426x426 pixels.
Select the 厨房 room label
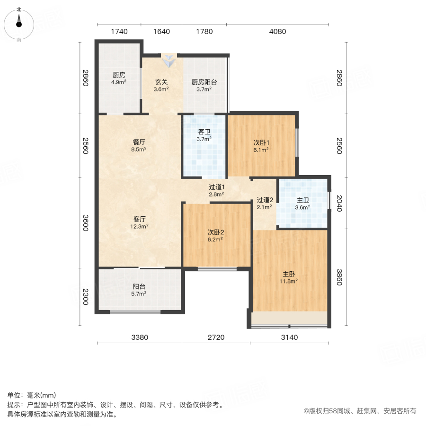[x=119, y=75]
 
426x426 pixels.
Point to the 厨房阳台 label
[x=204, y=81]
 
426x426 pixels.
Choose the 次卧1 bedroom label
[x=261, y=142]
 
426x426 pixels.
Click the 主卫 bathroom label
[x=302, y=199]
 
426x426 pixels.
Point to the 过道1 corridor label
[x=217, y=186]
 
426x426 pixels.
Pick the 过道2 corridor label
[x=265, y=199]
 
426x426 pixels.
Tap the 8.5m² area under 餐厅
[x=139, y=149]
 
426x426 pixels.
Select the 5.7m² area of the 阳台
[x=139, y=293]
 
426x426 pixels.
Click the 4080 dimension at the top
[x=277, y=32]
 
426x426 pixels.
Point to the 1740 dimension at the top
[x=119, y=32]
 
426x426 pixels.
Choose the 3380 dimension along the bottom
[x=140, y=337]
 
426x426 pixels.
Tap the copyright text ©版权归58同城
[x=359, y=411]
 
